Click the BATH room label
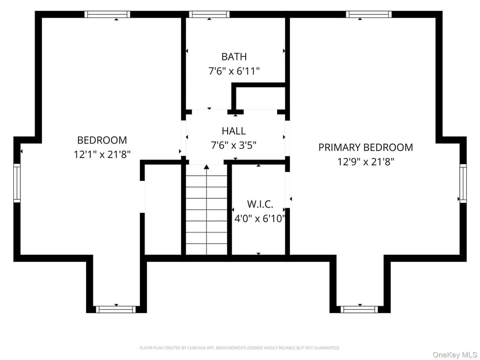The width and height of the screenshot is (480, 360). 234,57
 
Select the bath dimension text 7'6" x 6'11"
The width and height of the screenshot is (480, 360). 234,71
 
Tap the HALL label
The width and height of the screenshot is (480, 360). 234,131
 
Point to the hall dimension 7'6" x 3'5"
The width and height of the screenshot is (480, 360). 234,145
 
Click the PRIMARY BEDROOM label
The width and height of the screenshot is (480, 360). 365,148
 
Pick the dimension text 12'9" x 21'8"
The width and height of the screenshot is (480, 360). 365,162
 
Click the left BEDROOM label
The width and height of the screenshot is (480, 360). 102,140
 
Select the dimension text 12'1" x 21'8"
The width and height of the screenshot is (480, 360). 102,154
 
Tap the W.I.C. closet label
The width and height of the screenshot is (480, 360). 260,205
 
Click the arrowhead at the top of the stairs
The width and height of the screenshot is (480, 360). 206,167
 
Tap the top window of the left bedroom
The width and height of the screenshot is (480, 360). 107,14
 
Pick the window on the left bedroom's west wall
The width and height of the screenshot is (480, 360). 17,183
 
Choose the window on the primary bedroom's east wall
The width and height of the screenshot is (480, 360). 462,183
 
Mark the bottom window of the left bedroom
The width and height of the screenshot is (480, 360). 116,309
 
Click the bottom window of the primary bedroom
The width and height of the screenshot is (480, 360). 360,309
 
